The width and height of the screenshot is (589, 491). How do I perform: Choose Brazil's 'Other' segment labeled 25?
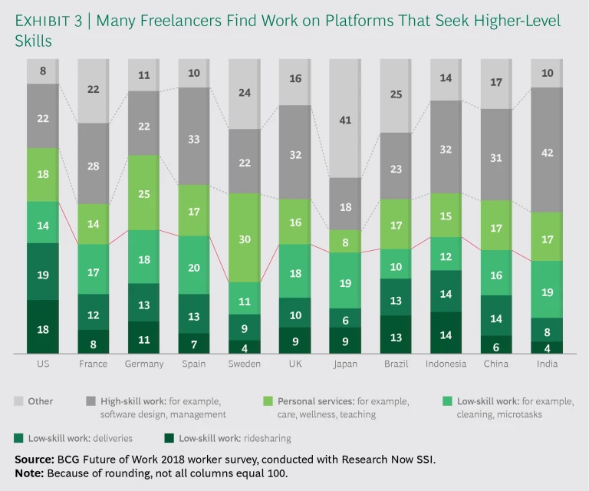[396, 95]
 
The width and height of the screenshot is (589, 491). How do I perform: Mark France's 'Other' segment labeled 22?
[94, 90]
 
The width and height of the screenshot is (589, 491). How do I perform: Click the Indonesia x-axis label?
[446, 364]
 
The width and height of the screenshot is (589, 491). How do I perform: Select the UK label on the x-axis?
[294, 364]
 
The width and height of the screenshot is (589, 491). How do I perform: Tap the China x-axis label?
[496, 364]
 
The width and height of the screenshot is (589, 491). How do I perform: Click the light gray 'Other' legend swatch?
[18, 400]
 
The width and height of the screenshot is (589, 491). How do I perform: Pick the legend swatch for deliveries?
[18, 438]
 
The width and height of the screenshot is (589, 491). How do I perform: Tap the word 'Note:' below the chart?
[28, 472]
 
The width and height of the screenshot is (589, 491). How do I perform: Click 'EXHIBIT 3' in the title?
[51, 21]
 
